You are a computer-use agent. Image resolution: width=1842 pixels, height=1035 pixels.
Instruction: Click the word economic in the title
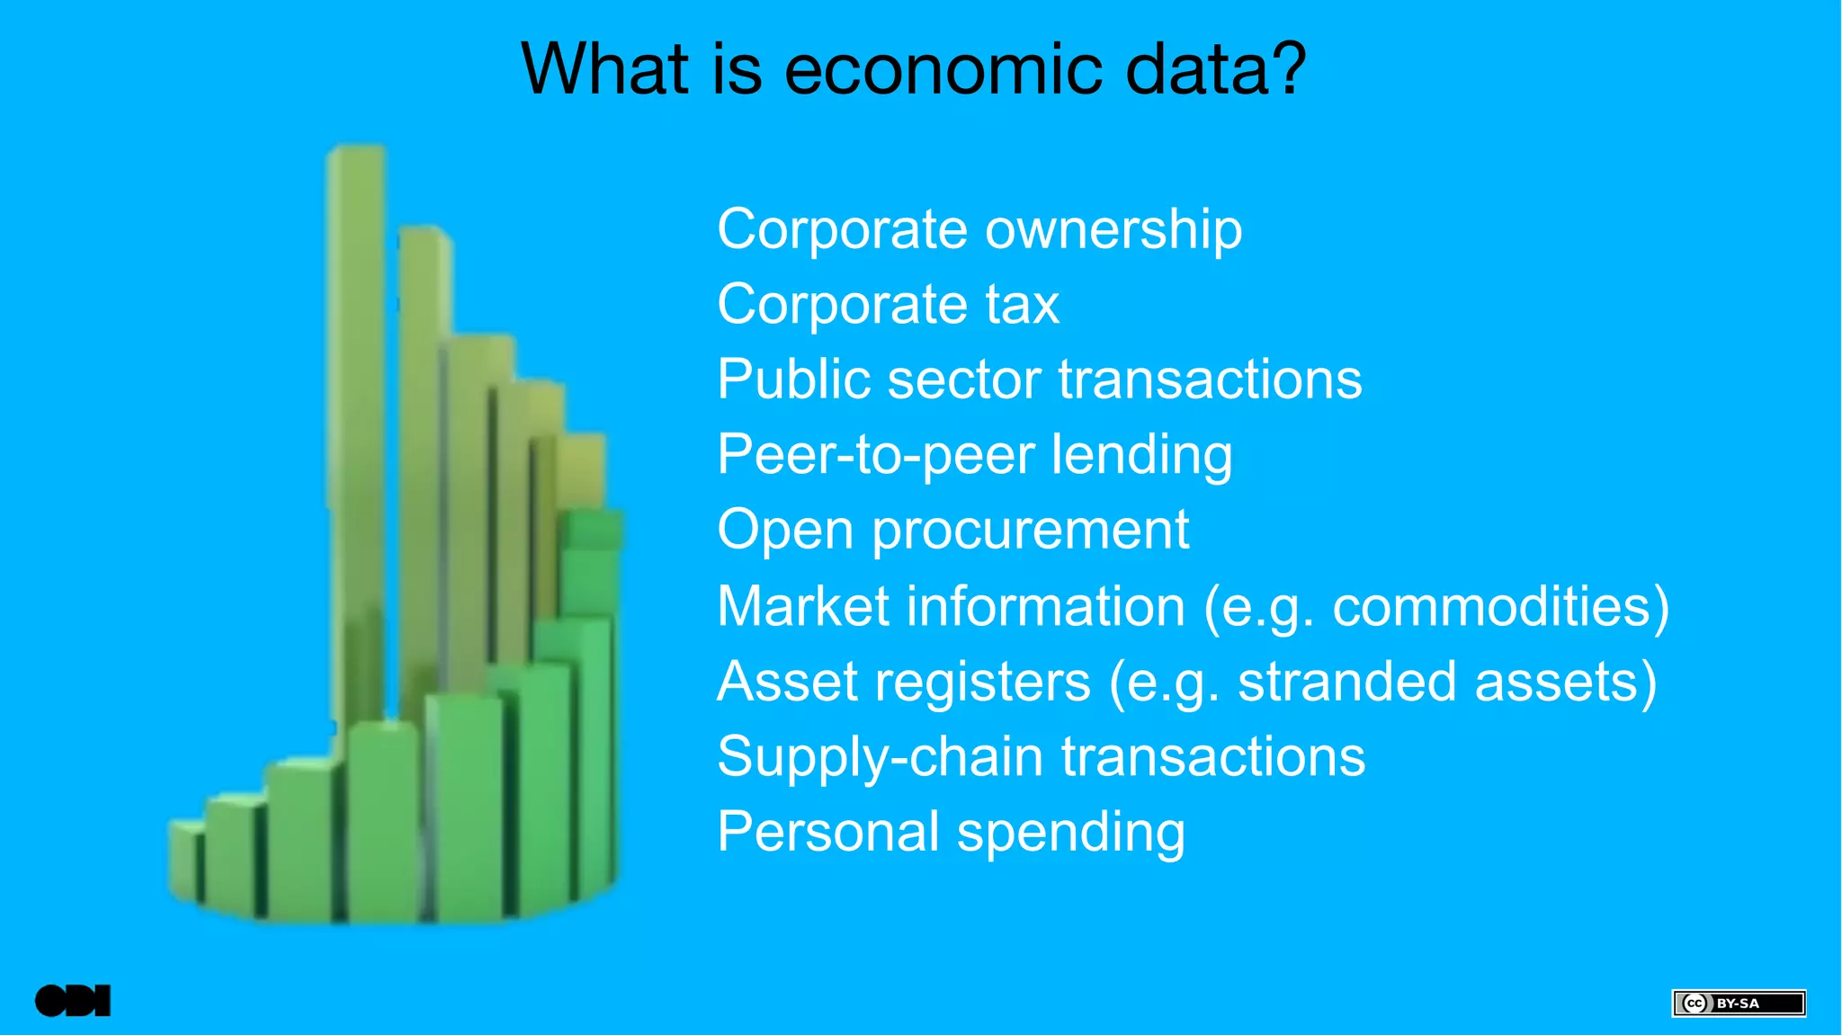point(943,70)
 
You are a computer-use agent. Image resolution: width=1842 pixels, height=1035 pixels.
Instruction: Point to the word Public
point(792,379)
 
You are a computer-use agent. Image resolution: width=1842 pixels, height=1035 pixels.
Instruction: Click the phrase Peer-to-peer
point(875,455)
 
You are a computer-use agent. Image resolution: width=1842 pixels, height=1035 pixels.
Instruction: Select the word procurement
point(1031,531)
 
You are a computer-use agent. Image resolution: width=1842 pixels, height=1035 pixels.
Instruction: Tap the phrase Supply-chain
point(880,756)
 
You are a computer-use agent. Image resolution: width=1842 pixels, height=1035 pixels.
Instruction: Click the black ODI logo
point(73,1001)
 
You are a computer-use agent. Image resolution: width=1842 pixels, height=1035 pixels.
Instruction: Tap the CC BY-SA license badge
point(1738,1003)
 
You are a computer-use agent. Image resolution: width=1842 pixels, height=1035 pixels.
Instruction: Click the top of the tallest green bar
point(356,153)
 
